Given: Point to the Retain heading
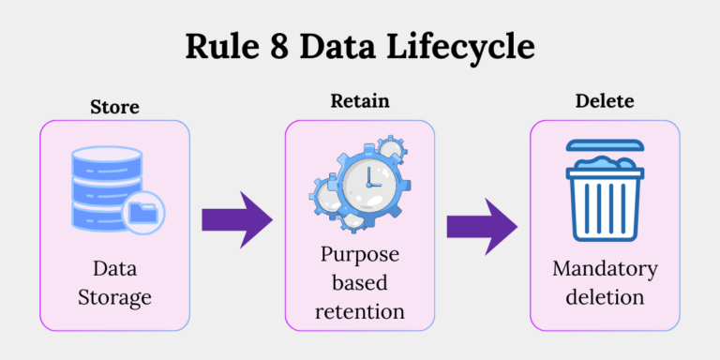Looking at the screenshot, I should [359, 101].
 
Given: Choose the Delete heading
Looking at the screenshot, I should [605, 101].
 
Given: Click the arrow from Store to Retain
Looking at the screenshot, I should [236, 221].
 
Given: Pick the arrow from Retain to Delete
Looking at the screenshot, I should [481, 226].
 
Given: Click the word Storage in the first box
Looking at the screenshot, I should [114, 298].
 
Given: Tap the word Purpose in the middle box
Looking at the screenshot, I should [359, 253].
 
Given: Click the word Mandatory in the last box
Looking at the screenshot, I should [605, 269].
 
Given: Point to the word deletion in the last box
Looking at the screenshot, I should [605, 297].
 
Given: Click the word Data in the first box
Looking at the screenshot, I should [114, 270].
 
